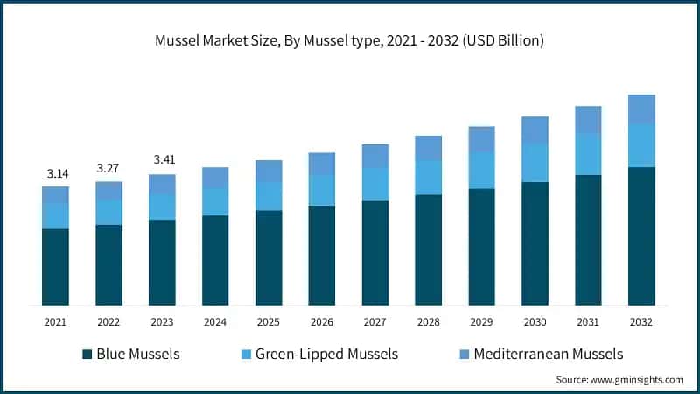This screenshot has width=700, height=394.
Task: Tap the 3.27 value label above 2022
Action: pos(108,168)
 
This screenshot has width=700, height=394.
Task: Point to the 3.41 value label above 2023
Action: pos(162,160)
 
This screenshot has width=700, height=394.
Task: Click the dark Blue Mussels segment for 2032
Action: pos(641,236)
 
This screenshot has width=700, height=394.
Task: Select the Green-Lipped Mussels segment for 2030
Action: pos(535,163)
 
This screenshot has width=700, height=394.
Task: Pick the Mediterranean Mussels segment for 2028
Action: pos(428,148)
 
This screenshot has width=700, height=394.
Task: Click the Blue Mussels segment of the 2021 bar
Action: pos(55,266)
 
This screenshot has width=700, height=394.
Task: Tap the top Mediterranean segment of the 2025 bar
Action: pos(269,172)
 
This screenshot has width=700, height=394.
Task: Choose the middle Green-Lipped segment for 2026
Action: pos(322,190)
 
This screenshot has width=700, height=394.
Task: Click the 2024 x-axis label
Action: pos(215,322)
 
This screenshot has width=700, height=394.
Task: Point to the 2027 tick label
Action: pos(374,322)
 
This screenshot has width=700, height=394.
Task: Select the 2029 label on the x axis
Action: pos(481,322)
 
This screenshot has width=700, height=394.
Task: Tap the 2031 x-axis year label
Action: pos(588,322)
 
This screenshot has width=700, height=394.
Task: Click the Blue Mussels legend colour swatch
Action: pos(87,355)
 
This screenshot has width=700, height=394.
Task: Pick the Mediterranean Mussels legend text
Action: pos(548,355)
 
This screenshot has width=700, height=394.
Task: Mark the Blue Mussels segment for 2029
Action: pos(481,247)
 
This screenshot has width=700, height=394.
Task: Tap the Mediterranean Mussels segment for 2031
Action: pos(588,120)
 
